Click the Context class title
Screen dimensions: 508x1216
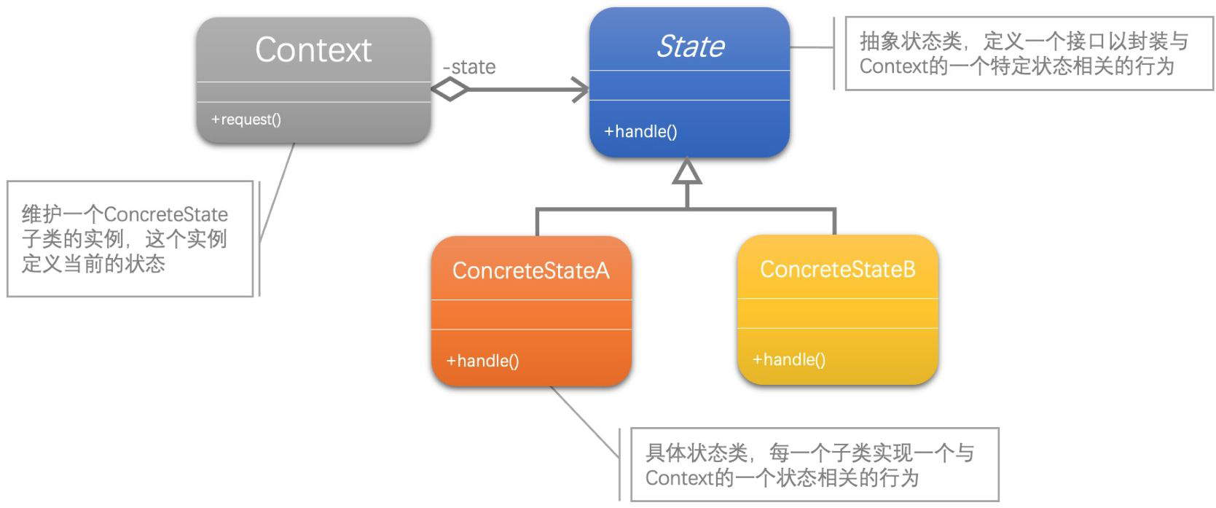click(313, 50)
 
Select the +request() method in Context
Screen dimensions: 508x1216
click(246, 120)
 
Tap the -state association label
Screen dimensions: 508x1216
click(469, 67)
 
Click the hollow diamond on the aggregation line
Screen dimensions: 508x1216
click(450, 90)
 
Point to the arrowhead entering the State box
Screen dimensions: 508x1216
click(580, 90)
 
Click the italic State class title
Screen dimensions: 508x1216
click(690, 47)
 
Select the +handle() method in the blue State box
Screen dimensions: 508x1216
click(640, 132)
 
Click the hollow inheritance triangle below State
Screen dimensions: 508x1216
click(687, 172)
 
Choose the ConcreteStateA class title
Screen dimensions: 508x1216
click(530, 270)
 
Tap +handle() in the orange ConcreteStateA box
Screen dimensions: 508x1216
click(482, 361)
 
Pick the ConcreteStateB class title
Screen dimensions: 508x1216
click(837, 269)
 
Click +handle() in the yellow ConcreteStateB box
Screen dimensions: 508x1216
click(788, 359)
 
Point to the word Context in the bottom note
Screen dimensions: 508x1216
click(678, 478)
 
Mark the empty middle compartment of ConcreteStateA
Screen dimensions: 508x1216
click(531, 315)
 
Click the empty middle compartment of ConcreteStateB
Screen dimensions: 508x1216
click(837, 313)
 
